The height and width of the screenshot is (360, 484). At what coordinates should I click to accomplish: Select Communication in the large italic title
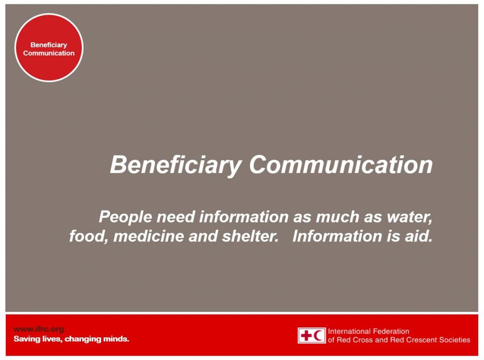coord(341,165)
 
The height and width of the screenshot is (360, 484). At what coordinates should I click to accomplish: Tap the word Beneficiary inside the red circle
coord(49,45)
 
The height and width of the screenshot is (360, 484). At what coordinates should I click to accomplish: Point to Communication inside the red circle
coord(49,53)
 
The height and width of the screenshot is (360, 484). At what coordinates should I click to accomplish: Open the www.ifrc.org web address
coord(39,329)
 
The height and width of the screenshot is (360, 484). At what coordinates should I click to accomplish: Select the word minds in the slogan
coord(116,339)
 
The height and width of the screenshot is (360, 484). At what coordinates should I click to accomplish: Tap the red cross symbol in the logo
coord(306,335)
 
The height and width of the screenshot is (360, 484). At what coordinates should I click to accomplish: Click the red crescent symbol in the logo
coord(319,335)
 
